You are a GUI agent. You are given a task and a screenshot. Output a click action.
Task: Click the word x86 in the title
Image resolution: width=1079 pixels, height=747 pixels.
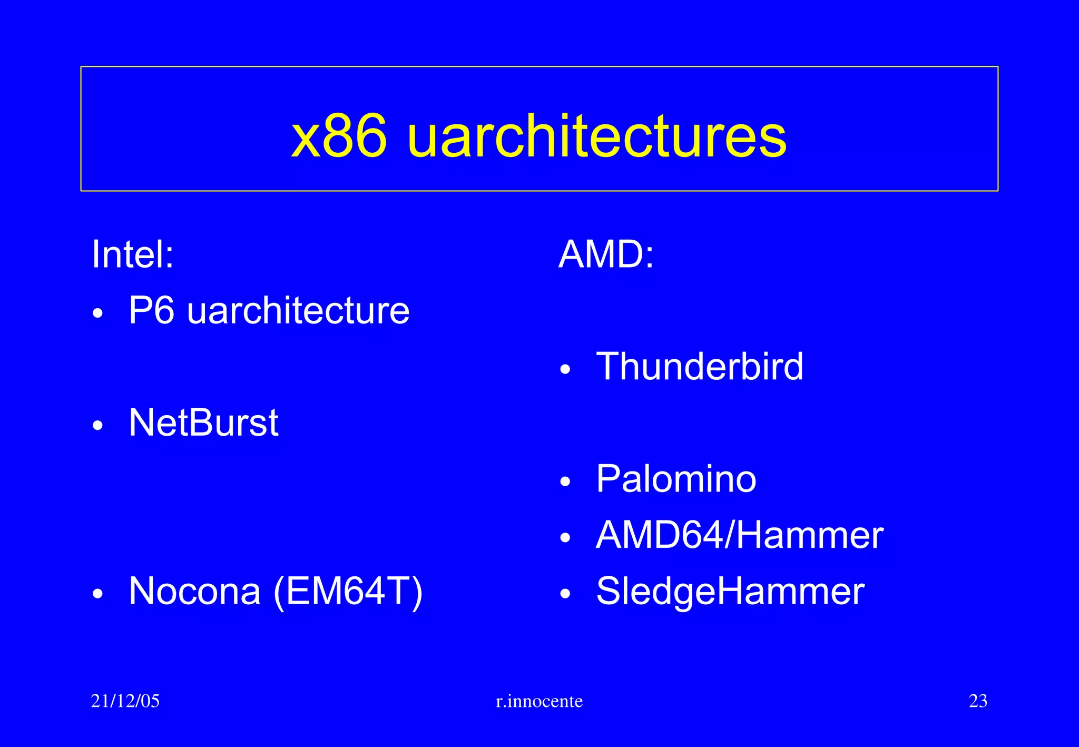coord(339,137)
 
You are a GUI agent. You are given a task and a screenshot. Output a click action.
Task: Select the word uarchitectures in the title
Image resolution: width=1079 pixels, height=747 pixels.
coord(597,137)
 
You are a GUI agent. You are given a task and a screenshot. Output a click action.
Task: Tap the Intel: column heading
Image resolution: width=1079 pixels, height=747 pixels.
coord(133,254)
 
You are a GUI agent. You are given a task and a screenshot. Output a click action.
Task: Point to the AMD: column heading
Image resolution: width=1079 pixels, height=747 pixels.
coord(606,254)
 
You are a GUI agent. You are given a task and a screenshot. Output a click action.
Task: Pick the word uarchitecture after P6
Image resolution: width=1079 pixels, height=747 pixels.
coord(298,310)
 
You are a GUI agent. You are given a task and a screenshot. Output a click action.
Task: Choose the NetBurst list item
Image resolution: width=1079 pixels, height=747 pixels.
coord(203,422)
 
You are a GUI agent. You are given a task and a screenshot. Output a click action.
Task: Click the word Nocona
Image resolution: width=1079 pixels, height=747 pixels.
coord(195,591)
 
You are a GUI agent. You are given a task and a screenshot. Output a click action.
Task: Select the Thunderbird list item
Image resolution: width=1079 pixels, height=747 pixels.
coord(700,366)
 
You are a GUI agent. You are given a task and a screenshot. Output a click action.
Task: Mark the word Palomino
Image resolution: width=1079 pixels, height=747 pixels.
coord(676,479)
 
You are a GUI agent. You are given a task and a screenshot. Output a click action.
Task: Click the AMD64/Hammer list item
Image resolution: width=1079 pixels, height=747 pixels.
coord(740,535)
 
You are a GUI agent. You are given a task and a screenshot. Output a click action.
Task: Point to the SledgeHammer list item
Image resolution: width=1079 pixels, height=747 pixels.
coord(730,591)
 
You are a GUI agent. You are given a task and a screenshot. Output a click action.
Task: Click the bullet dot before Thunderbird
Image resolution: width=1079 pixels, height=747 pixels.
coord(565,369)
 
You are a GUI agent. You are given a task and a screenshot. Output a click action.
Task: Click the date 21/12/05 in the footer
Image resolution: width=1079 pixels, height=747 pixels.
coord(125,701)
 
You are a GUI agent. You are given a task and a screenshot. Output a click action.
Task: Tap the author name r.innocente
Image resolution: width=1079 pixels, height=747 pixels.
coord(539,701)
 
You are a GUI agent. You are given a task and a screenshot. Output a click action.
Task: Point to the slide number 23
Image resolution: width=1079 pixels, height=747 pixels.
coord(978,701)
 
